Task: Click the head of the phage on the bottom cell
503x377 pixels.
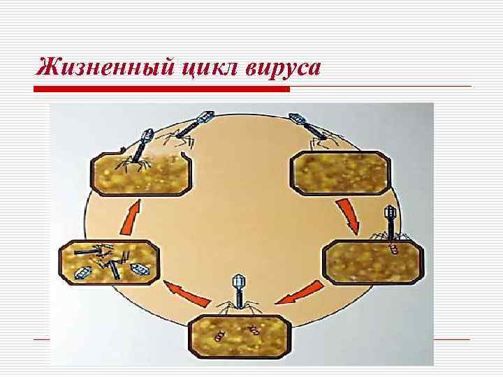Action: pos(237,282)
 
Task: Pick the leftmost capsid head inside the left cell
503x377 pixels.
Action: pos(82,272)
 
